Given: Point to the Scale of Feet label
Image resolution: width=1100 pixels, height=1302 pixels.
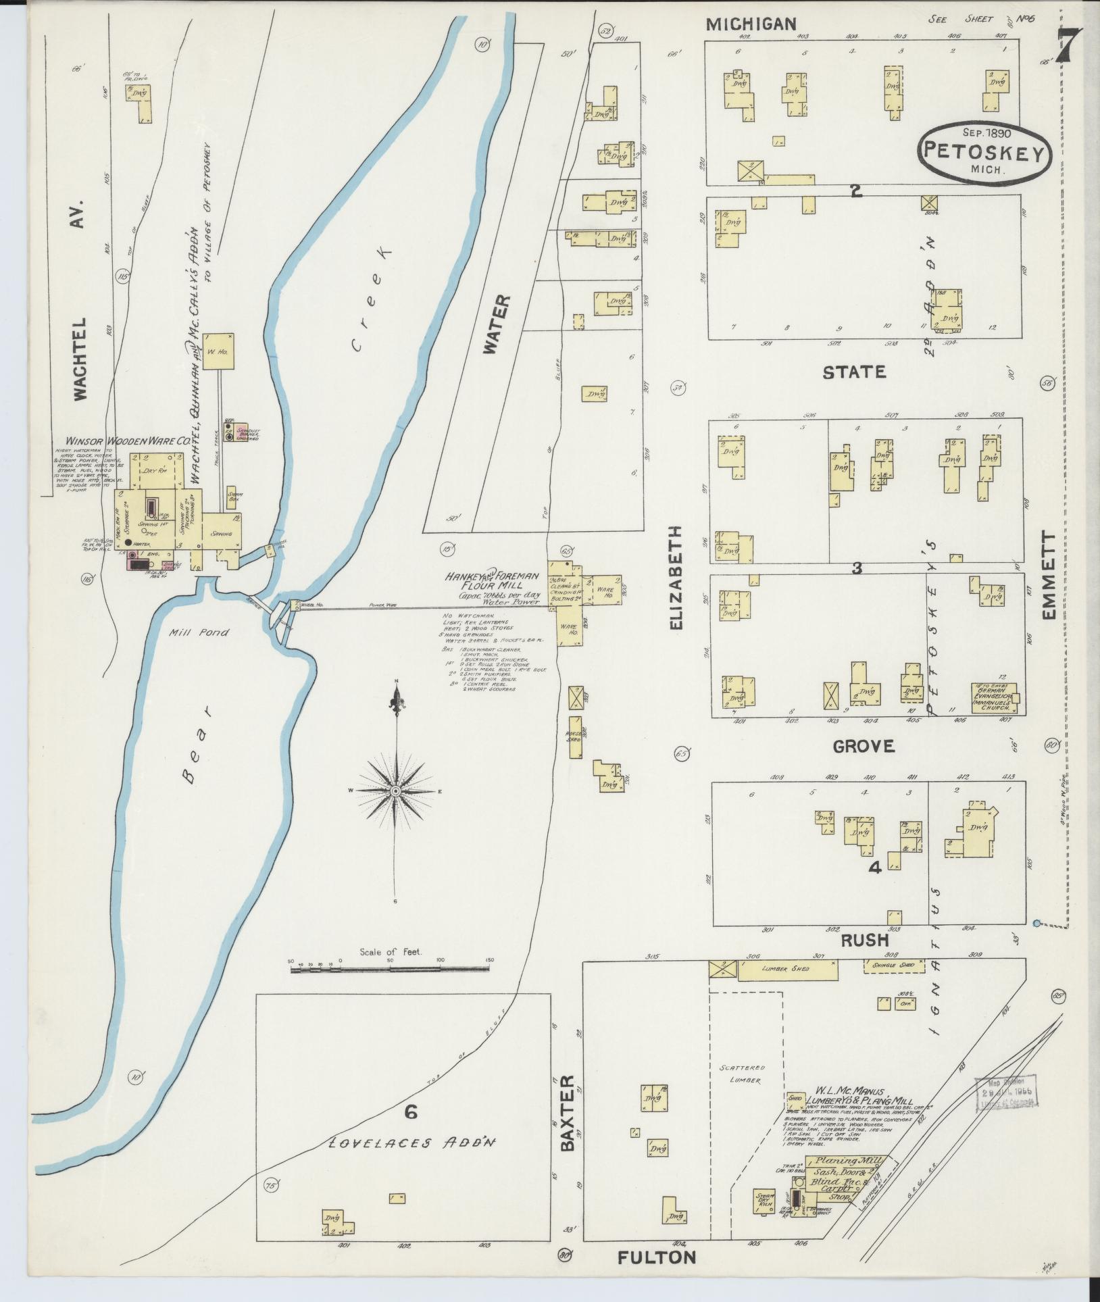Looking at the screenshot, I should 390,951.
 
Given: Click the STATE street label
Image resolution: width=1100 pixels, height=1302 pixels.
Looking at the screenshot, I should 853,372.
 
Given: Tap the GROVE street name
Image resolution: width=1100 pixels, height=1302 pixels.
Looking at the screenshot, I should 863,746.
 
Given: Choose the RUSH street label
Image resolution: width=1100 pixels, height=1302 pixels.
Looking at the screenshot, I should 864,941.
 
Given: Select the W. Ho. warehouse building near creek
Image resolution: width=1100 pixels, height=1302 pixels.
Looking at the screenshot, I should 218,351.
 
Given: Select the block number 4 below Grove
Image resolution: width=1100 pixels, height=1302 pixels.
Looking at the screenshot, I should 874,868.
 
